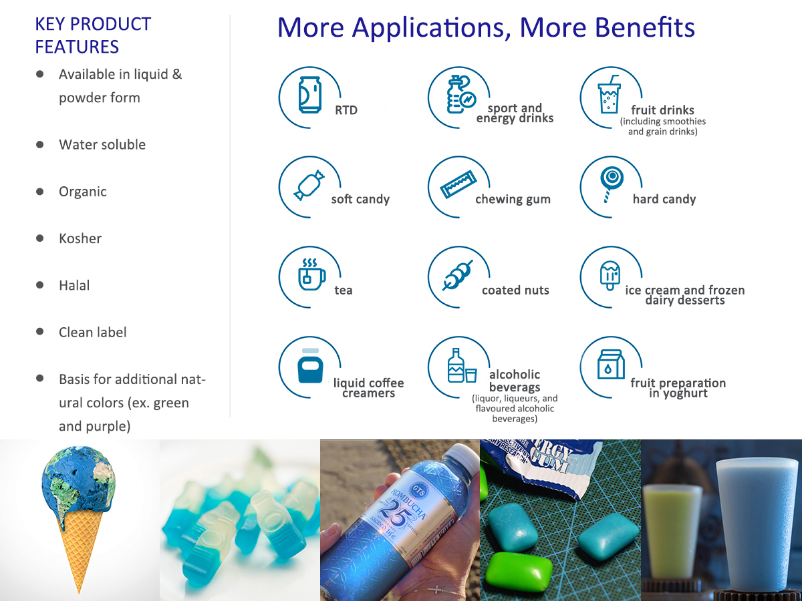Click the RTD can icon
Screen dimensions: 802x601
[x=310, y=95]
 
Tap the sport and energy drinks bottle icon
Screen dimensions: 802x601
[x=461, y=94]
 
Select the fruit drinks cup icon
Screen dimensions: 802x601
[x=609, y=94]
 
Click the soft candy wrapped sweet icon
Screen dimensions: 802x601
[x=309, y=185]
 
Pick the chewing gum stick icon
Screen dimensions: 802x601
[x=458, y=184]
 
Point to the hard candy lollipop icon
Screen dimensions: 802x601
[x=612, y=184]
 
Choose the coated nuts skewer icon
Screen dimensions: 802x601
[x=457, y=276]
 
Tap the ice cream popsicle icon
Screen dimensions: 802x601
[x=610, y=276]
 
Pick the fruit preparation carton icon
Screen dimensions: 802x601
[x=611, y=365]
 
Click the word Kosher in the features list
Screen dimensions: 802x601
[x=80, y=238]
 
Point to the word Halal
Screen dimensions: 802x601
[x=74, y=285]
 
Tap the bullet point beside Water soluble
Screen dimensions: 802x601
[x=40, y=144]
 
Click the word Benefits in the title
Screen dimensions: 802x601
[x=644, y=27]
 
